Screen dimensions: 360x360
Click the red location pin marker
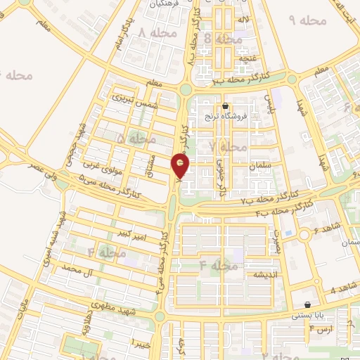click(x=181, y=167)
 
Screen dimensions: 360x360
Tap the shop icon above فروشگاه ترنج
click(x=225, y=107)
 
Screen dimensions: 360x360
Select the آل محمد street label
click(x=78, y=269)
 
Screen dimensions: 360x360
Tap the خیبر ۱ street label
click(x=141, y=342)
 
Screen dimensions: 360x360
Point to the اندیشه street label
click(x=267, y=274)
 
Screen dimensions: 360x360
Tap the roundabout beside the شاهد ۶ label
click(x=304, y=236)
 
